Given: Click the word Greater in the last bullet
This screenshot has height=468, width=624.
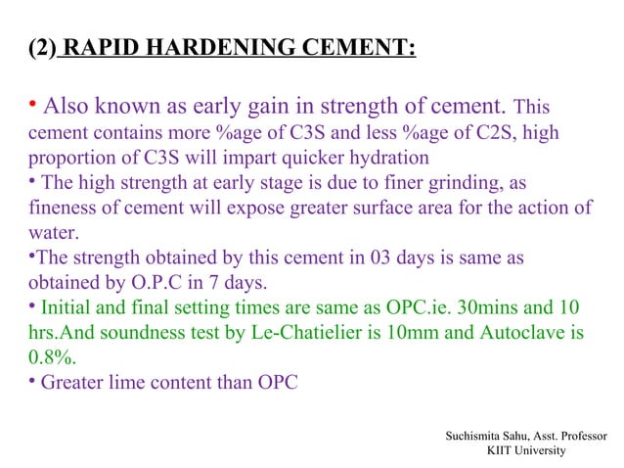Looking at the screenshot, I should (71, 383).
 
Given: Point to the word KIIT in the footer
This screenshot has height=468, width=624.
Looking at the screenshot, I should (502, 448).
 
